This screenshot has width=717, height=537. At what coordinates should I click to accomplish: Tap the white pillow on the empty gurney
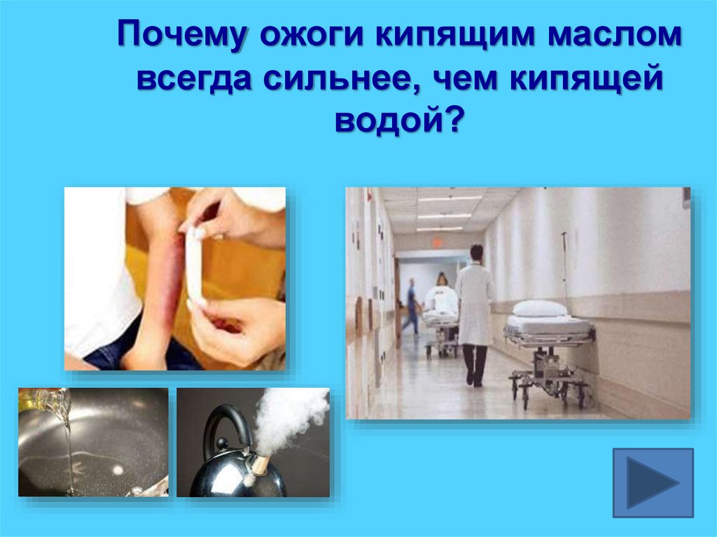(x=539, y=308)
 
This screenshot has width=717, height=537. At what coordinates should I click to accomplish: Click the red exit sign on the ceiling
(x=438, y=242)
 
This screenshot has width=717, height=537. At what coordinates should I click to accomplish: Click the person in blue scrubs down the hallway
(x=411, y=305)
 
